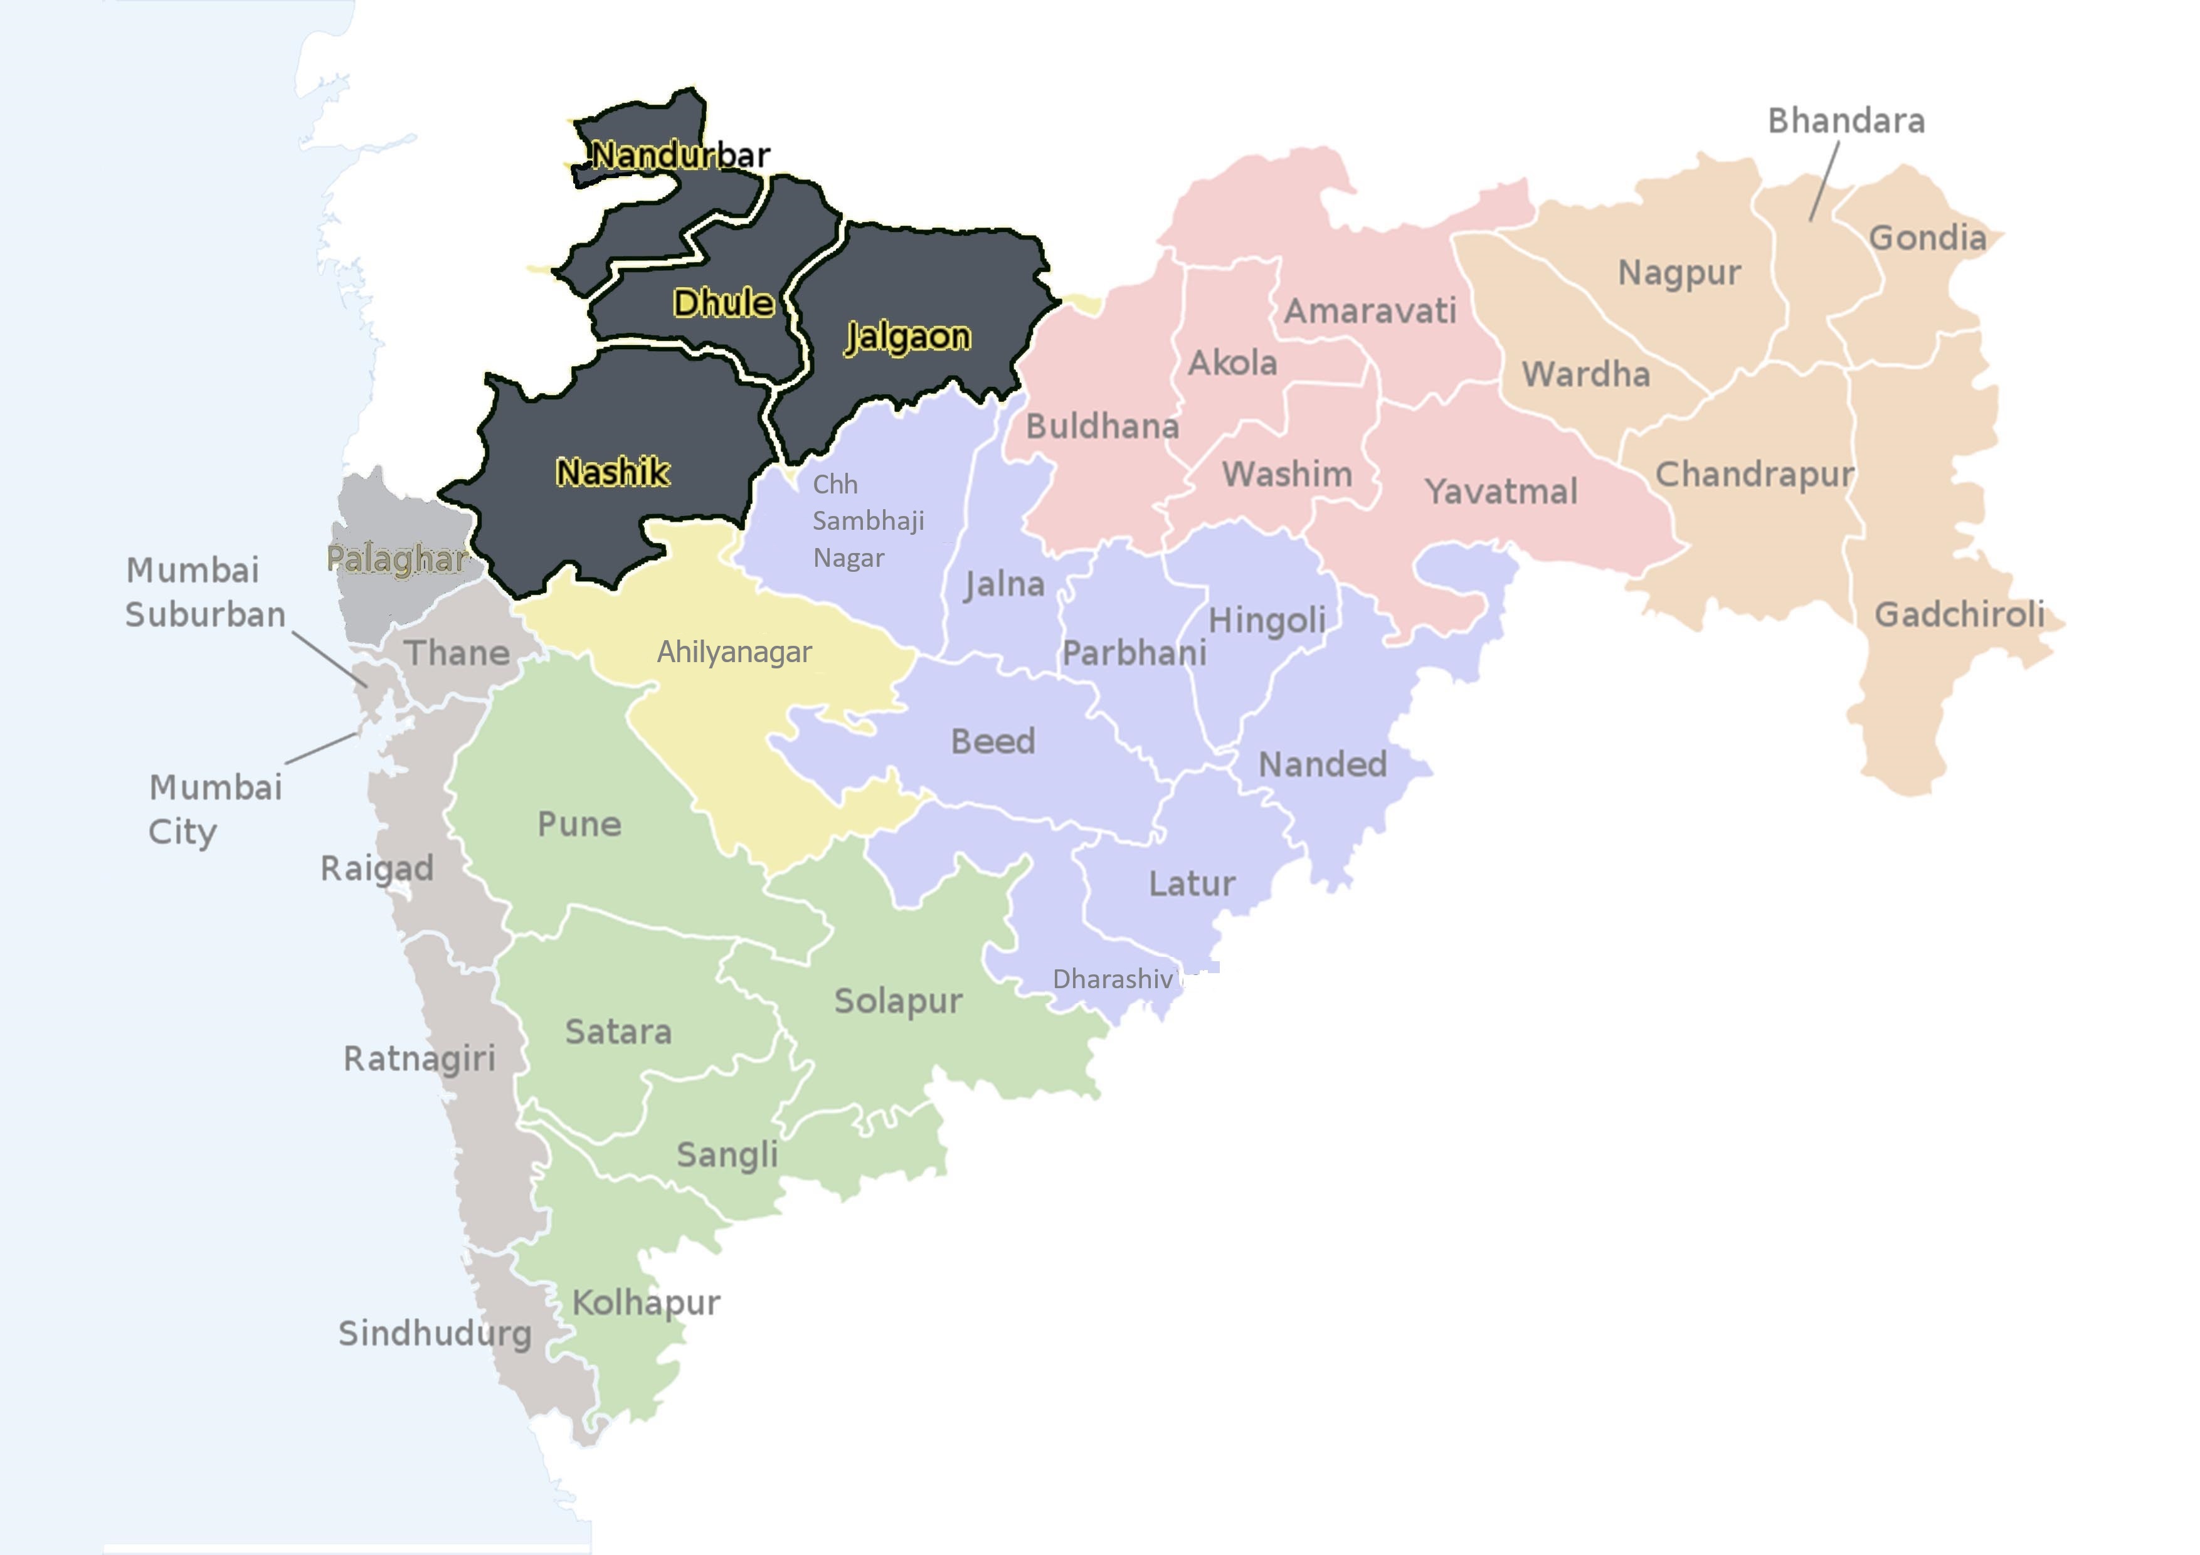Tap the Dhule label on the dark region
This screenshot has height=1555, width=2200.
724,303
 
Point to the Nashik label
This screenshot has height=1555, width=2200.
612,472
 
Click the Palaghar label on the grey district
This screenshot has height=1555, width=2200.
396,559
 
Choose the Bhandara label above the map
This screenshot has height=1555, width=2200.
1846,121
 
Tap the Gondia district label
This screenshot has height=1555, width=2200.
1927,238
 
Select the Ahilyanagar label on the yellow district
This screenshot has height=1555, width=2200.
734,653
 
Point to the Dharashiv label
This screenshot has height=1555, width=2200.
1113,979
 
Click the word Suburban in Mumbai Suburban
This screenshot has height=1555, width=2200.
205,614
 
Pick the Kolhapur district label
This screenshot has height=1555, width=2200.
646,1303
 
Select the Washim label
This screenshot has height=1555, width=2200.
1287,474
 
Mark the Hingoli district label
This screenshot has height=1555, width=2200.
1267,621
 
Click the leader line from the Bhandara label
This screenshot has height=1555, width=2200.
1824,181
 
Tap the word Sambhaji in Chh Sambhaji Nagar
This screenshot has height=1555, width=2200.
868,521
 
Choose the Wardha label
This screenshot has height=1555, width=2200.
1586,374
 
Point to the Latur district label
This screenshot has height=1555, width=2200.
1192,883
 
